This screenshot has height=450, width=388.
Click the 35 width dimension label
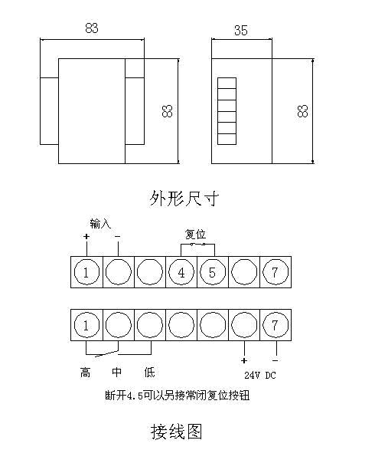pos(241,30)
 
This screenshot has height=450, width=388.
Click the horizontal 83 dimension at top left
pos(92,28)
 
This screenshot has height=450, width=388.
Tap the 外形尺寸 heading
pos(184,198)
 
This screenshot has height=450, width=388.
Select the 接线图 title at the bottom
pos(177,432)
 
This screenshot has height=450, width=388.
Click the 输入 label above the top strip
pos(100,223)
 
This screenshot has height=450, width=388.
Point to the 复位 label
pos(195,234)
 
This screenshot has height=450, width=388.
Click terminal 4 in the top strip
pos(181,272)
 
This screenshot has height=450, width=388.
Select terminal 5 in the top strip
pos(212,272)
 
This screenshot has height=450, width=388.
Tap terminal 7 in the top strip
pos(276,272)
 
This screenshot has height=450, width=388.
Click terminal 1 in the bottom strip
pos(86,325)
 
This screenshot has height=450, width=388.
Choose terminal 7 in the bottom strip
pos(276,325)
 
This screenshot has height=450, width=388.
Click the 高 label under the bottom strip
pos(85,373)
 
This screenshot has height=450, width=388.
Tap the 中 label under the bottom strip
pos(116,372)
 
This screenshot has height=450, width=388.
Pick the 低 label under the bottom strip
pos(149,373)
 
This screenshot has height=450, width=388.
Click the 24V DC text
pos(260,375)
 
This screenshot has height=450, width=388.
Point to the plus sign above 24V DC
pos(244,360)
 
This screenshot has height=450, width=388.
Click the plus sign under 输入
pos(86,236)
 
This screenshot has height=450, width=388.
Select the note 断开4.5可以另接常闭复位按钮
pos(177,396)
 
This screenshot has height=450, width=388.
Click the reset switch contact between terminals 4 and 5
pos(197,245)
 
